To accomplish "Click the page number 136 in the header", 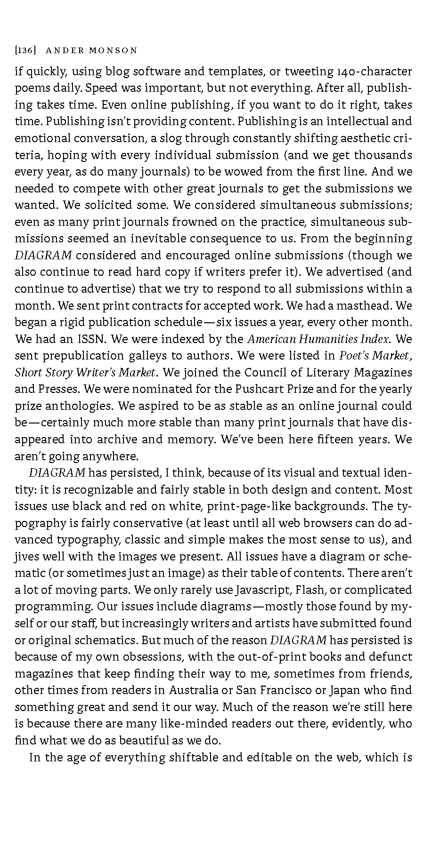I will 23,50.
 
